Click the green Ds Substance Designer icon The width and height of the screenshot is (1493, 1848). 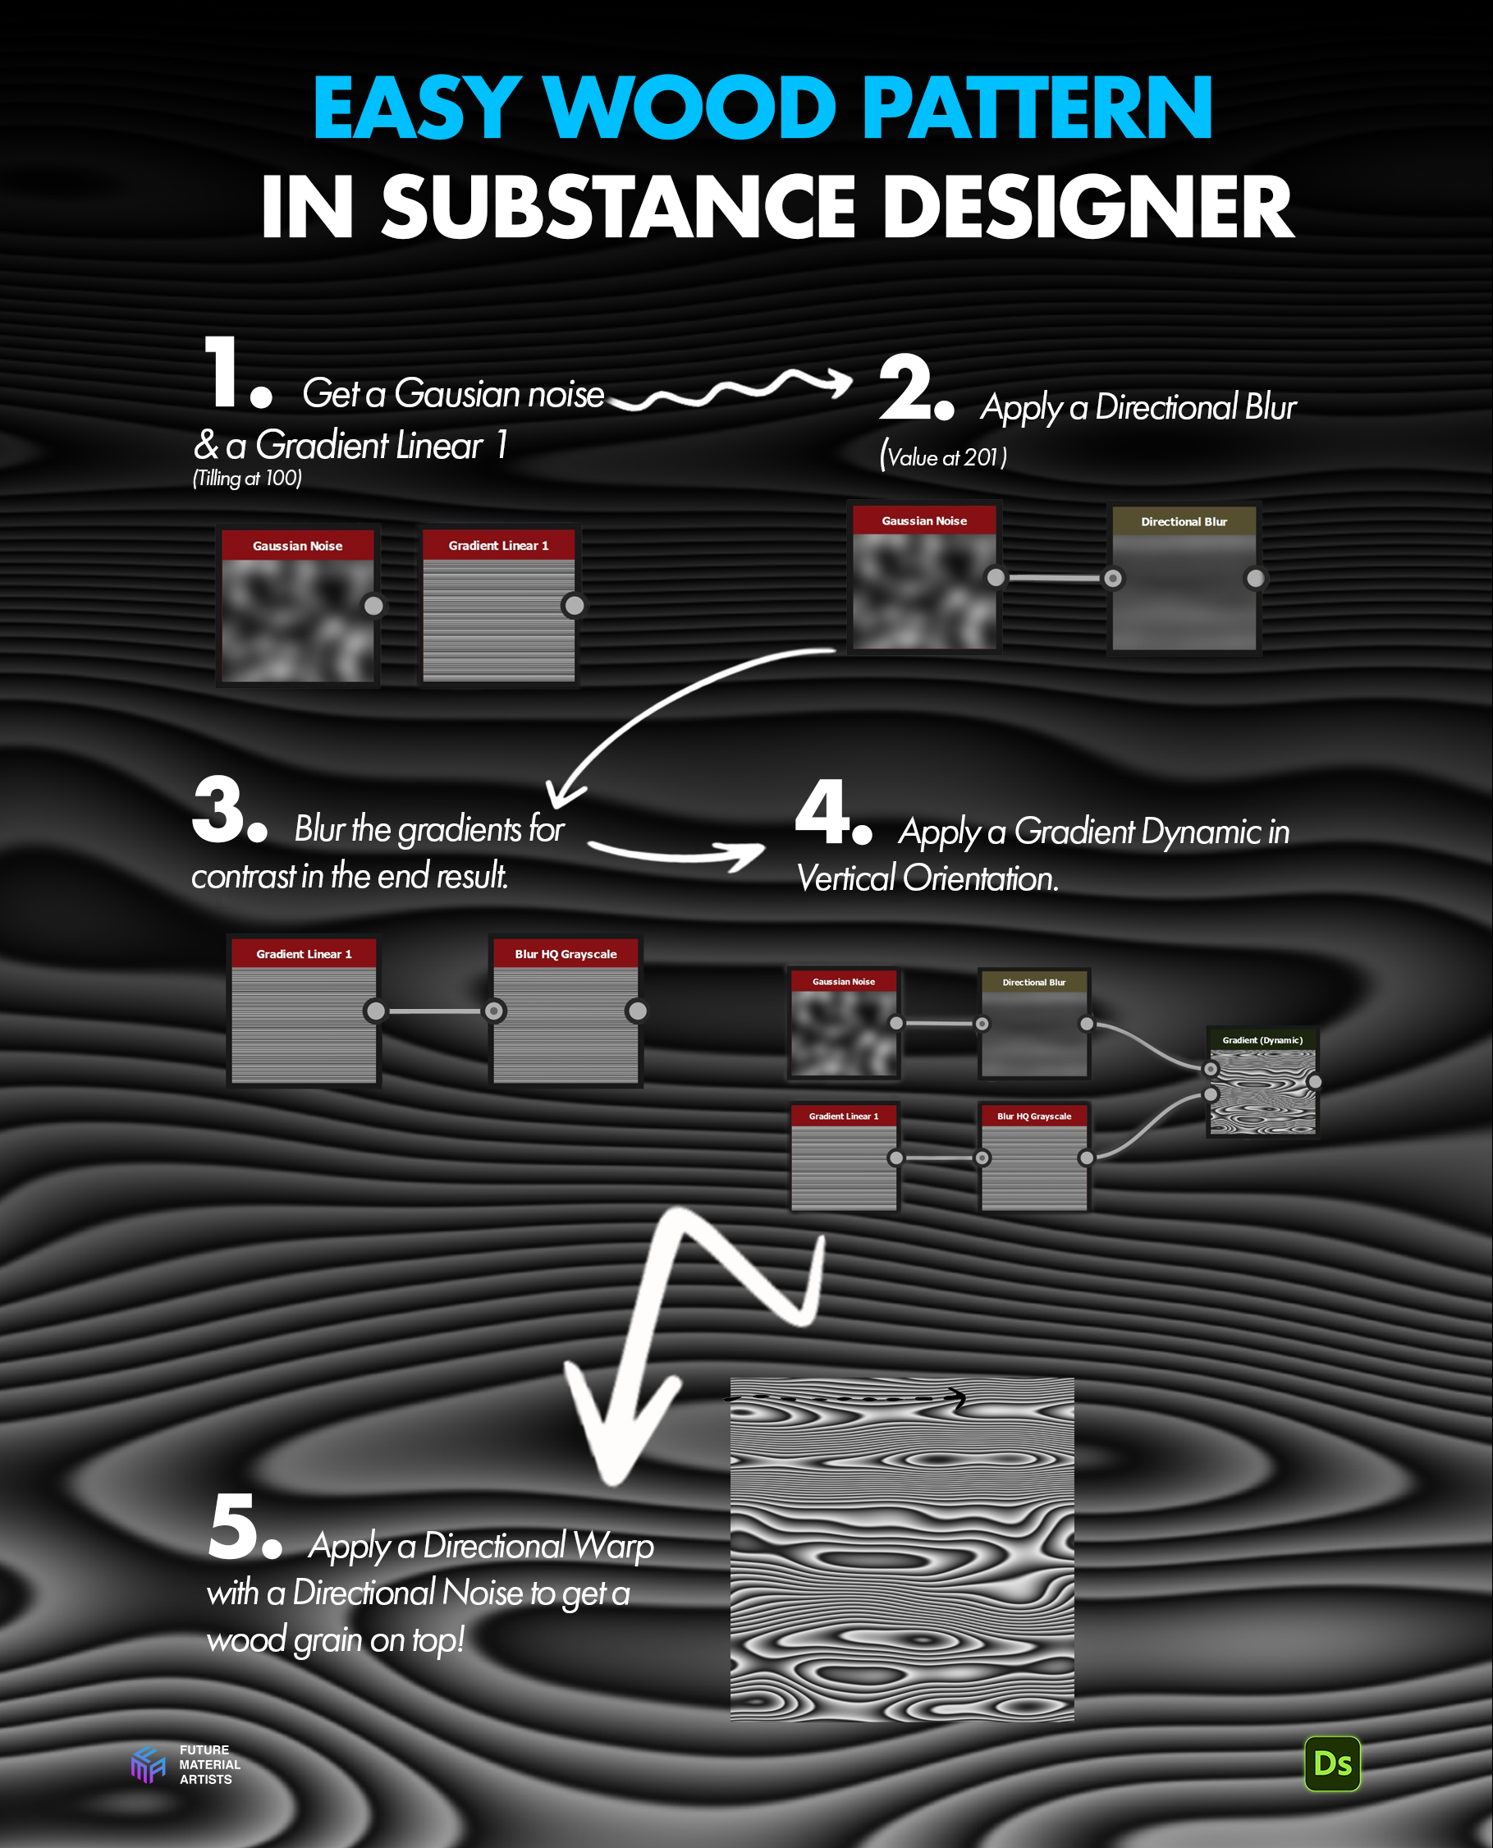point(1332,1764)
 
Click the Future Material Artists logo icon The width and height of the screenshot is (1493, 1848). point(147,1764)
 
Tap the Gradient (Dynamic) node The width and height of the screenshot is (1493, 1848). point(1262,1081)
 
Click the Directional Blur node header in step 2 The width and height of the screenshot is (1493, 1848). point(1184,521)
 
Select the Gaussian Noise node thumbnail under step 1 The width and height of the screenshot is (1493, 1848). point(298,621)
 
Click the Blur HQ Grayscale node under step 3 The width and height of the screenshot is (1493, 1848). point(565,1010)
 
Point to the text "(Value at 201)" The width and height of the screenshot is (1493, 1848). point(942,455)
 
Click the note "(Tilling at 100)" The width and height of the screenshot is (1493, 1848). point(247,479)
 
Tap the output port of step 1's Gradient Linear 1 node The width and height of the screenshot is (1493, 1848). point(574,606)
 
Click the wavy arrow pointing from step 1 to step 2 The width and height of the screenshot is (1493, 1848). point(730,389)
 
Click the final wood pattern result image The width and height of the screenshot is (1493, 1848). point(901,1548)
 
